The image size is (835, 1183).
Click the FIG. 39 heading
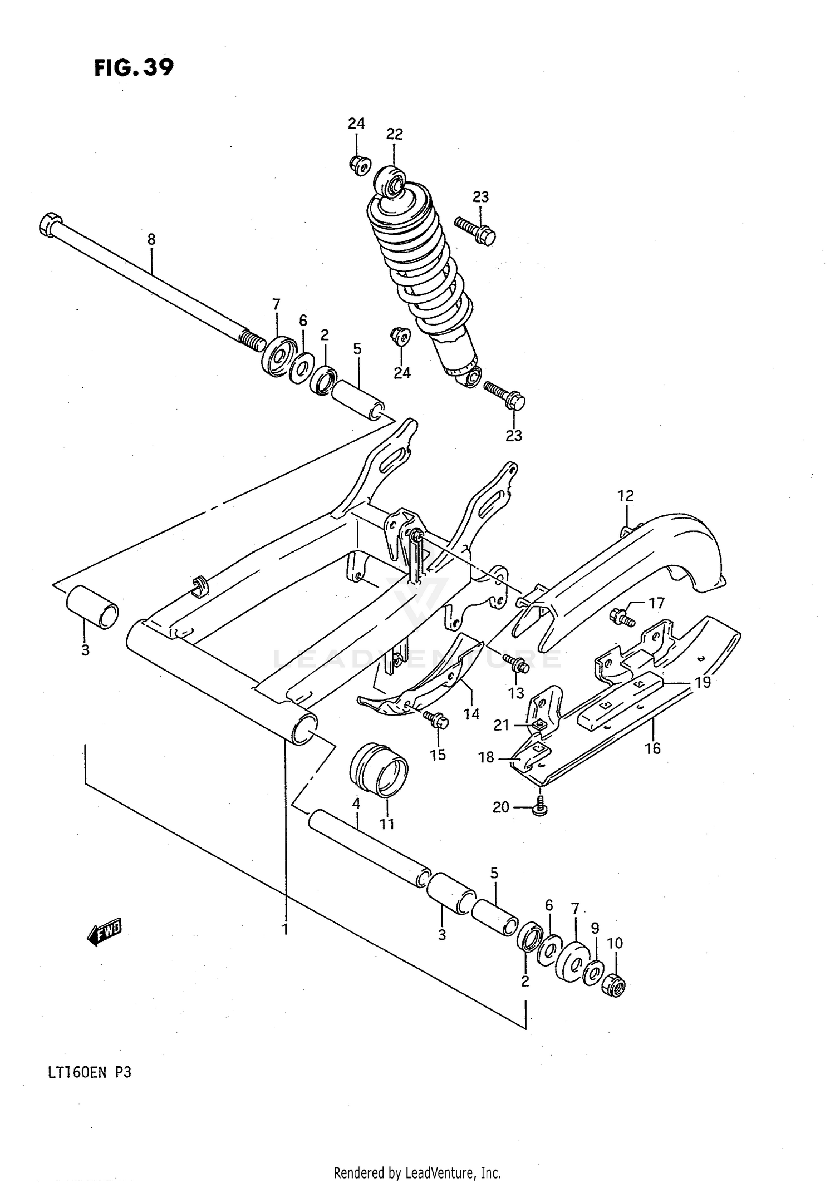134,68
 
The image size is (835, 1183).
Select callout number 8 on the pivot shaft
151,239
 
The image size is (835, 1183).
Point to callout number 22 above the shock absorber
394,134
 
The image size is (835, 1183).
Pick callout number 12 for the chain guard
626,495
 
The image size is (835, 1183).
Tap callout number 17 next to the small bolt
656,603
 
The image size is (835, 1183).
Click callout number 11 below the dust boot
386,824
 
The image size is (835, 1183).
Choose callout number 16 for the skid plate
652,748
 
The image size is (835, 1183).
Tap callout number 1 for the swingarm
284,929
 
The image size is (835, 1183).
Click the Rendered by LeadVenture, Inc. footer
417,1173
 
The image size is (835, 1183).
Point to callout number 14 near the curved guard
471,714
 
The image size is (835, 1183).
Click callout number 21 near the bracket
501,725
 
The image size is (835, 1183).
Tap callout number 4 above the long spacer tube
356,803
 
